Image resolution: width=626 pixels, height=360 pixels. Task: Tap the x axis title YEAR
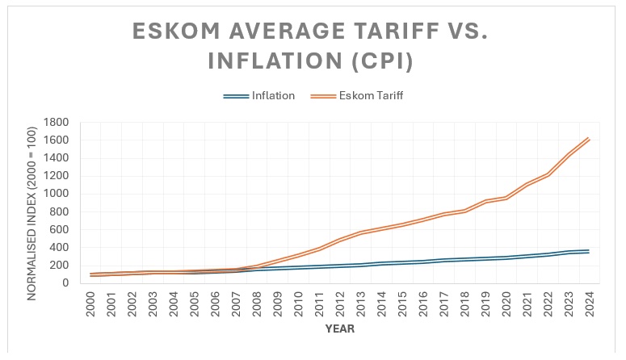click(341, 329)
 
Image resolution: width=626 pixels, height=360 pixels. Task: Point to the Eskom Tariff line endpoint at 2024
click(588, 138)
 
